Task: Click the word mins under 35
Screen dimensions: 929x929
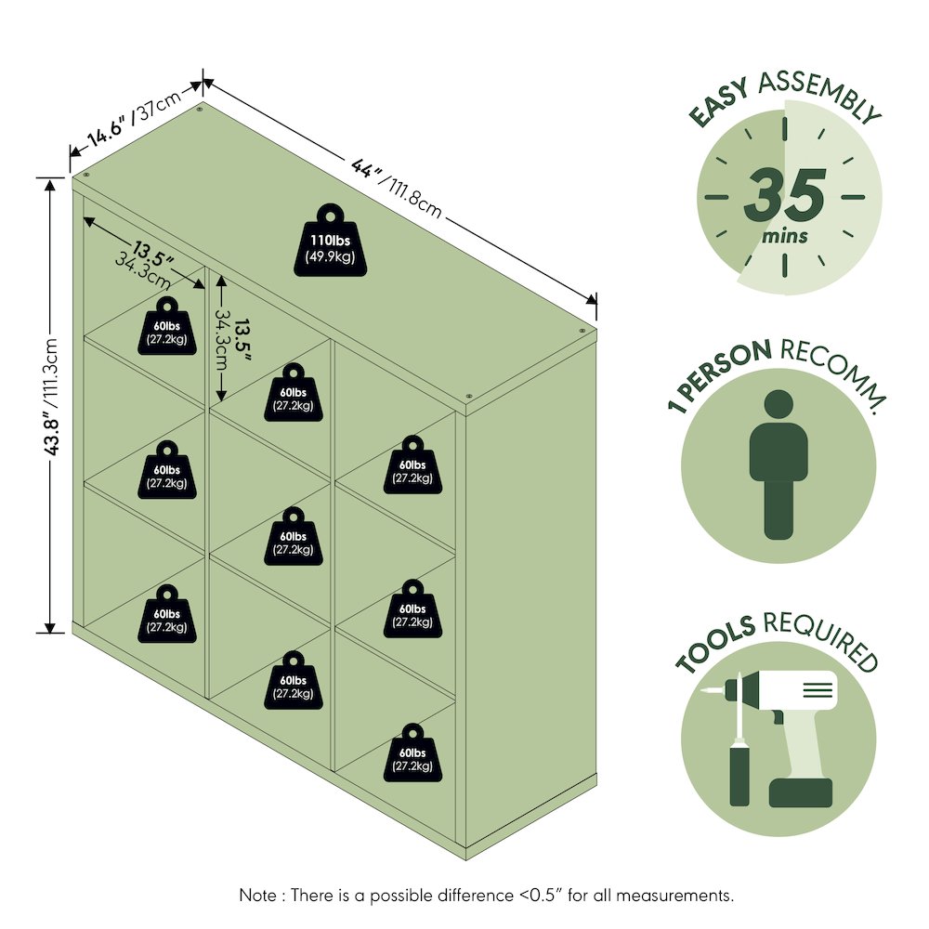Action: [x=784, y=236]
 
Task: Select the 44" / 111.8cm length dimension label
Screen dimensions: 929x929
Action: [x=397, y=188]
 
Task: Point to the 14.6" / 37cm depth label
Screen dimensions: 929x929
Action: [x=134, y=120]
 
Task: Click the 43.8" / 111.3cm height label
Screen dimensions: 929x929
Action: [x=52, y=397]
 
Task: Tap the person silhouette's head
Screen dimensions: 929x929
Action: [x=778, y=405]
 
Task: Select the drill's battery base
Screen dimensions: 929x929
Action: [x=801, y=792]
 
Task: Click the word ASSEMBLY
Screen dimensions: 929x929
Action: [x=820, y=95]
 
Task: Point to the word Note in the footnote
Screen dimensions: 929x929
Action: [x=257, y=895]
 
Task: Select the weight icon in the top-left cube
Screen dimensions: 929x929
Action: [x=167, y=326]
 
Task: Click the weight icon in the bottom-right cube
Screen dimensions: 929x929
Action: [x=413, y=752]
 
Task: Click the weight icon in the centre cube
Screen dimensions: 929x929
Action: [x=294, y=536]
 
